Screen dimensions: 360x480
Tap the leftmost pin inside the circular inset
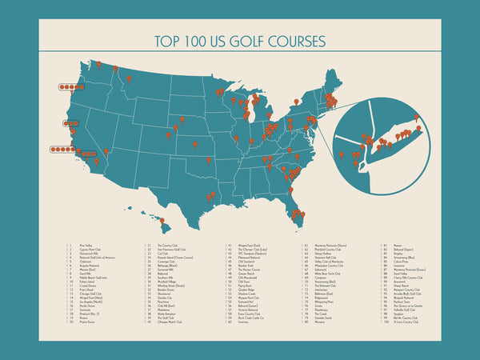[x=342, y=154]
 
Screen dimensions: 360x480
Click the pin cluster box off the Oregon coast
[x=71, y=86]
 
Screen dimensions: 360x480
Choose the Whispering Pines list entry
[x=322, y=303]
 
